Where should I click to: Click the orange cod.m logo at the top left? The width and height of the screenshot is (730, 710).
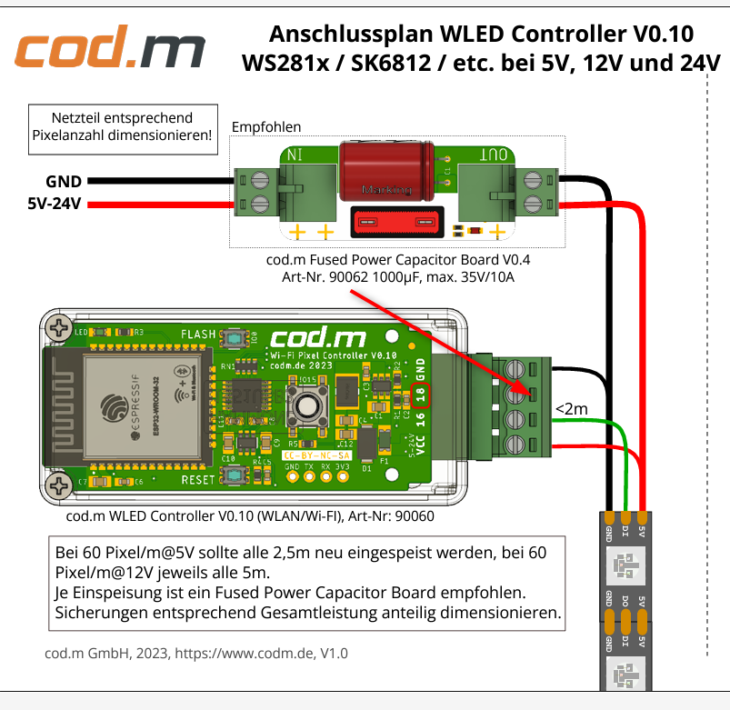(109, 52)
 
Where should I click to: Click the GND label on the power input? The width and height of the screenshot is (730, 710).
(64, 181)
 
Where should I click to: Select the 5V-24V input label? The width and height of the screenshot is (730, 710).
(55, 203)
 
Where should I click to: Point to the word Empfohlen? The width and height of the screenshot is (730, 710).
(266, 126)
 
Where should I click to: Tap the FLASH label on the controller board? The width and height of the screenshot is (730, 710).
(199, 334)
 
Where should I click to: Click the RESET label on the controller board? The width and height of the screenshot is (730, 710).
(198, 479)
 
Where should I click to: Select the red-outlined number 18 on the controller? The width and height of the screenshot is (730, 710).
(420, 395)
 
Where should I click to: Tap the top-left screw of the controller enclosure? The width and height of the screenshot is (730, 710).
(61, 327)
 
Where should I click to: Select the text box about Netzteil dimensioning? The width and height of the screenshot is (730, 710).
(122, 127)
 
